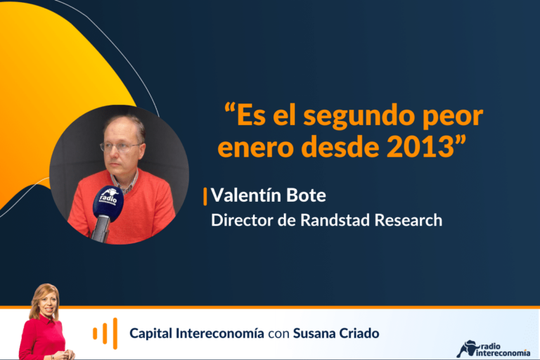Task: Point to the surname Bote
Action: pos(306,195)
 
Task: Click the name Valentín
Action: pos(245,195)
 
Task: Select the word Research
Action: pos(409,220)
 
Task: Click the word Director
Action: pos(242,220)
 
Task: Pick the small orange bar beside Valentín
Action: pos(205,197)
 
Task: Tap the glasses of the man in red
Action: pos(120,147)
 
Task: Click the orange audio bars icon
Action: pos(105,333)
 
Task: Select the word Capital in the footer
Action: pos(150,334)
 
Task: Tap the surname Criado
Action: pos(359,333)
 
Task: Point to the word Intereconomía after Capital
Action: pos(219,333)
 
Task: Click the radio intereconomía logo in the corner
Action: pos(493,349)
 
